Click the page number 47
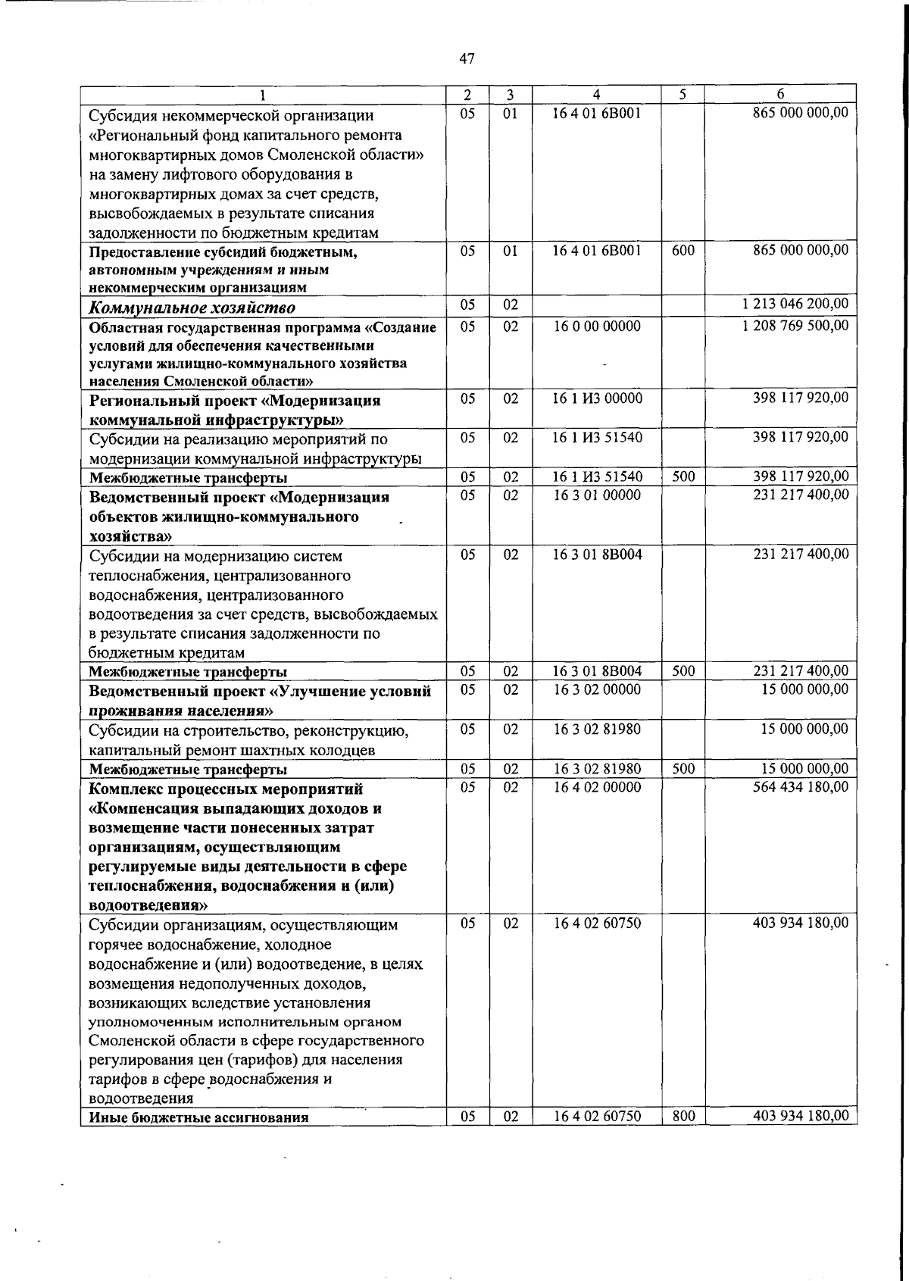[x=467, y=58]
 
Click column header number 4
[x=597, y=95]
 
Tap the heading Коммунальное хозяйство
[x=192, y=308]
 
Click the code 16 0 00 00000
[x=597, y=326]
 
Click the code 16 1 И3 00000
[x=597, y=398]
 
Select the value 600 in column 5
[x=683, y=250]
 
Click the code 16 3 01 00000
[x=597, y=495]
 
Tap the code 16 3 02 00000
[x=597, y=690]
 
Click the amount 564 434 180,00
[x=801, y=787]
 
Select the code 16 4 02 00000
[x=597, y=787]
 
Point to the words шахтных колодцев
[x=321, y=751]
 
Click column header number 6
[x=780, y=94]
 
